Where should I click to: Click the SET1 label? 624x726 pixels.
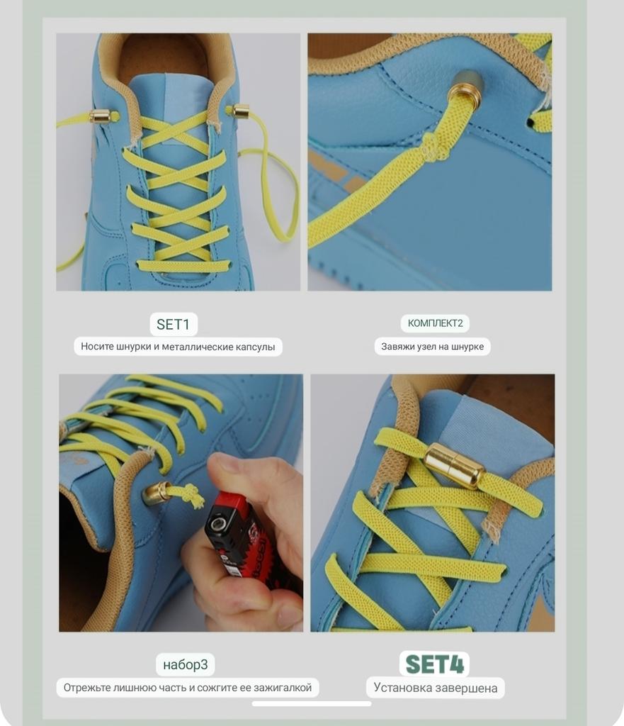(x=173, y=324)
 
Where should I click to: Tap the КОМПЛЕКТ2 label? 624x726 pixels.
(x=435, y=323)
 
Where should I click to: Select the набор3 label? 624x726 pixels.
(x=185, y=665)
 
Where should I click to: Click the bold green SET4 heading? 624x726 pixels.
(x=434, y=664)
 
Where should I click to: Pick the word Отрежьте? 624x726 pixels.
(x=85, y=688)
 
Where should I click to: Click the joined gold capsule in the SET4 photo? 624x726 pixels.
(x=454, y=465)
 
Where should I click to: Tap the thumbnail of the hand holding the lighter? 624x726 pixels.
(x=181, y=503)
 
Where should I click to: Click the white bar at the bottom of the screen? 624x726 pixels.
(x=312, y=704)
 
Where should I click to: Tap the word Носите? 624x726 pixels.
(x=97, y=347)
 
